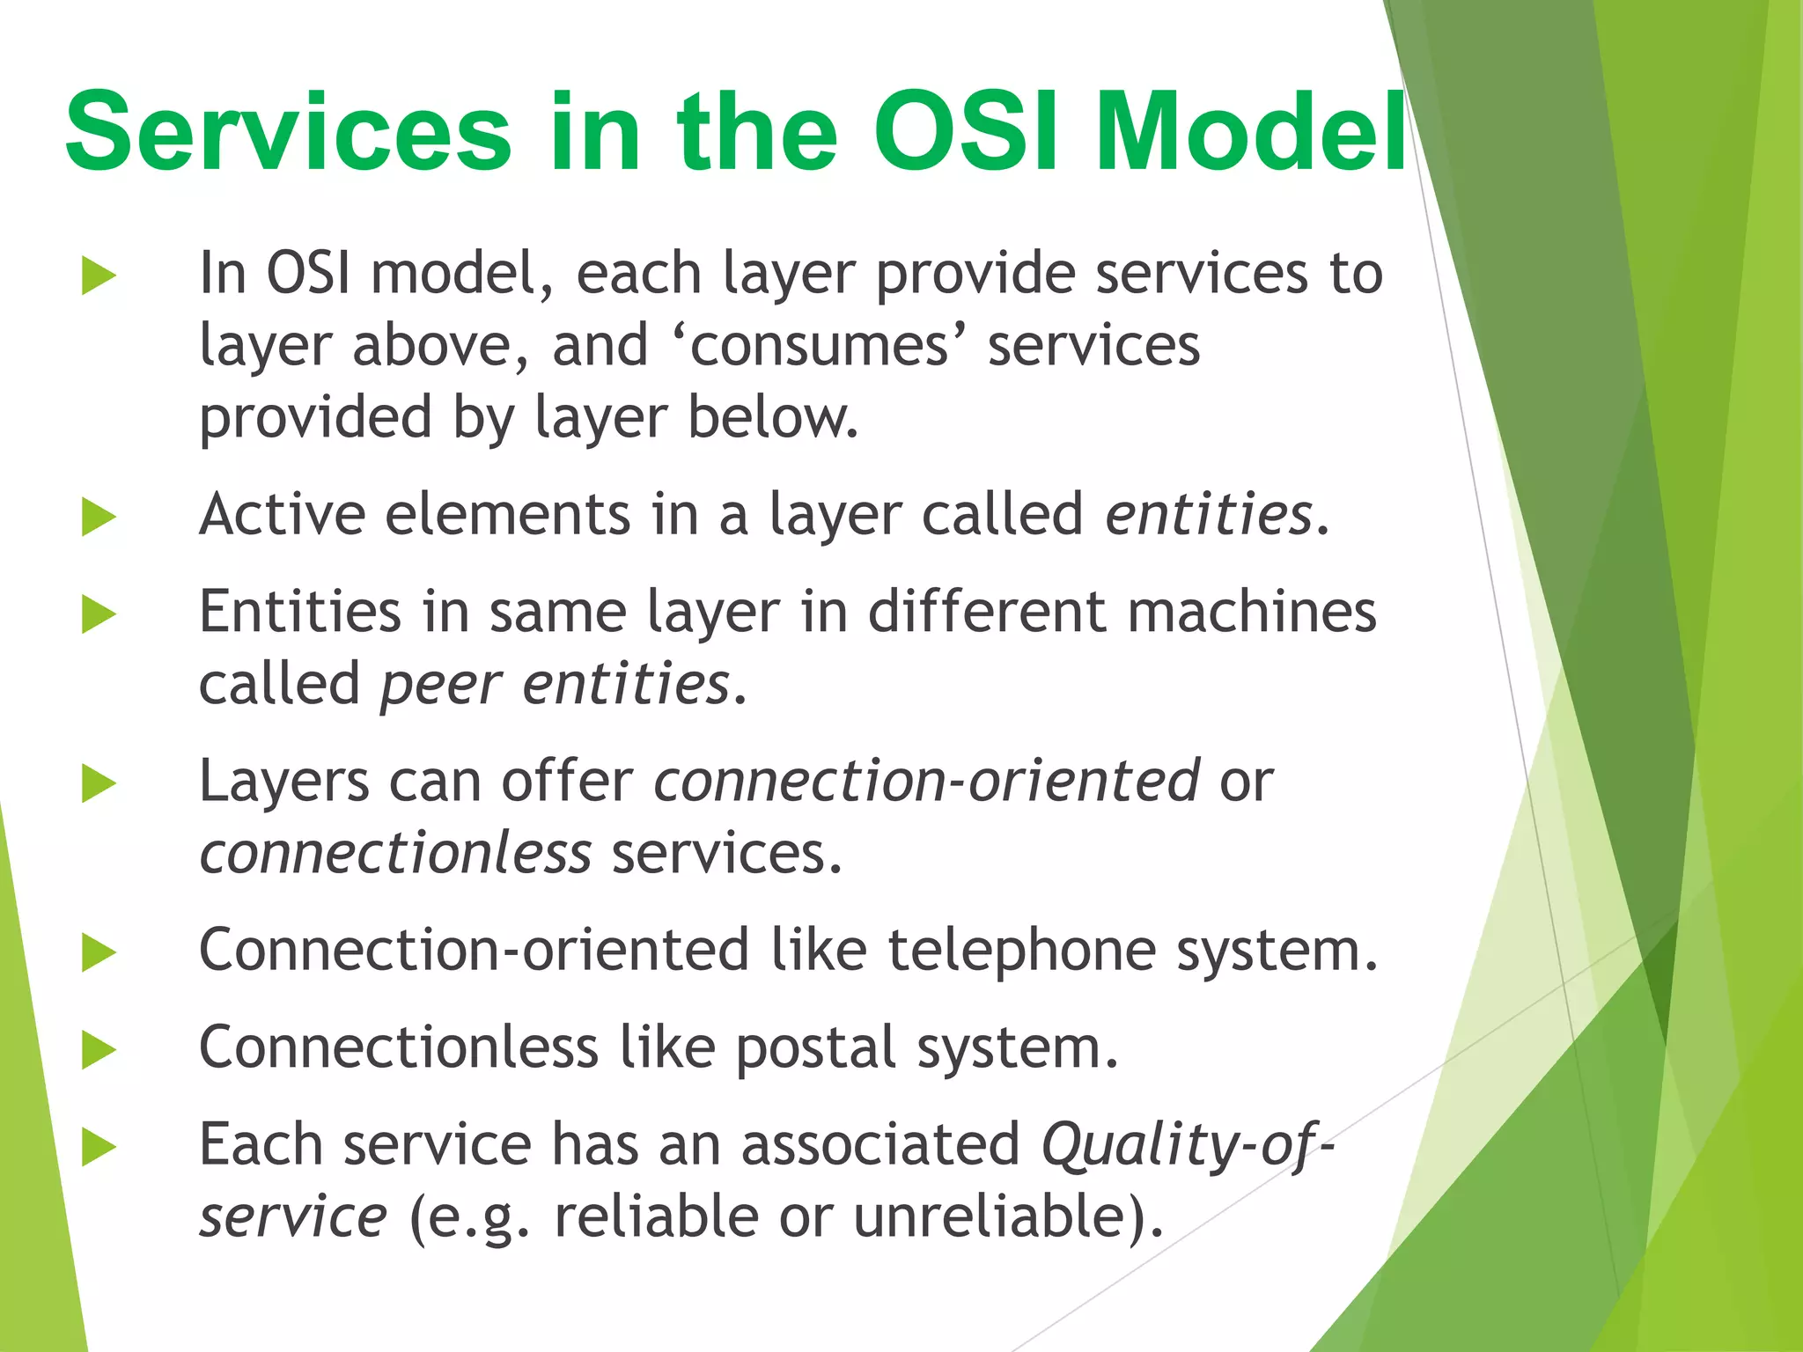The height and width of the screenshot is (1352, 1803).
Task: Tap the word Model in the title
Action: (1250, 132)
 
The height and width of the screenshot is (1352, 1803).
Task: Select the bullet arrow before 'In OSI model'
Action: (99, 276)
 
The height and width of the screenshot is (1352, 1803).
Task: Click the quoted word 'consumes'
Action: (820, 345)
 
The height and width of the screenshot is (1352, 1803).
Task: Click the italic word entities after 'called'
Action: (1209, 515)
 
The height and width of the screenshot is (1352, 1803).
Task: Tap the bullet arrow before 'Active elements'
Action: (99, 517)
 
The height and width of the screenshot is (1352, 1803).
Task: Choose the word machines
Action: (1252, 612)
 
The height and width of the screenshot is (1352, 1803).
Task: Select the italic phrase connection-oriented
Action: (925, 782)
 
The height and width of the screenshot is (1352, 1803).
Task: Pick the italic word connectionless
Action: (395, 854)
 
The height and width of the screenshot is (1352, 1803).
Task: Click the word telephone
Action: (1021, 951)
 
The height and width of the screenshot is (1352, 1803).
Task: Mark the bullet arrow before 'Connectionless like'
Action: (99, 1050)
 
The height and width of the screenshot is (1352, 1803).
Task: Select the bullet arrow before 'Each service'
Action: (99, 1148)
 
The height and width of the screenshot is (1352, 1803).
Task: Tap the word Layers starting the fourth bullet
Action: (283, 782)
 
